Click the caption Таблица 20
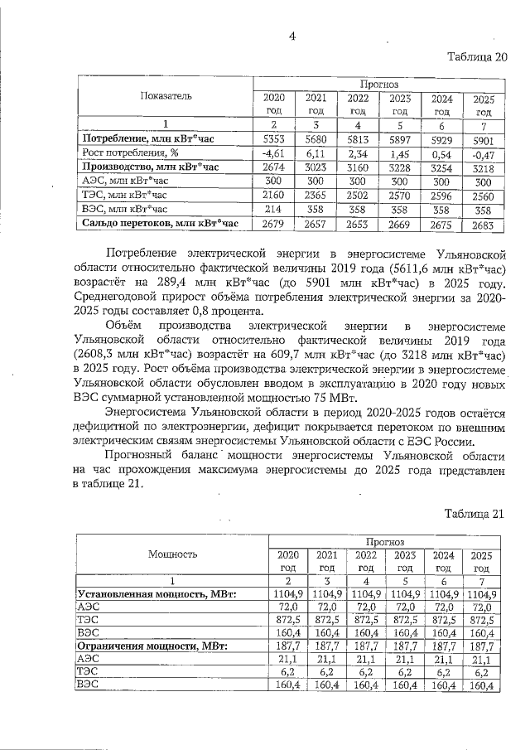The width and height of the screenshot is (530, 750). point(475,57)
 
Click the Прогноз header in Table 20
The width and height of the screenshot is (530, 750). point(378,84)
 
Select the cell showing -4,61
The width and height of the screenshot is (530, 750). point(272,152)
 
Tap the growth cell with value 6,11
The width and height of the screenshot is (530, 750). point(315,152)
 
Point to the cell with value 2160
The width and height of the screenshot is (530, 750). point(272,196)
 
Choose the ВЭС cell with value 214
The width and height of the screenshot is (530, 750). point(272,210)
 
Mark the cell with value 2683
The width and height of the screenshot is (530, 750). point(484,224)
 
